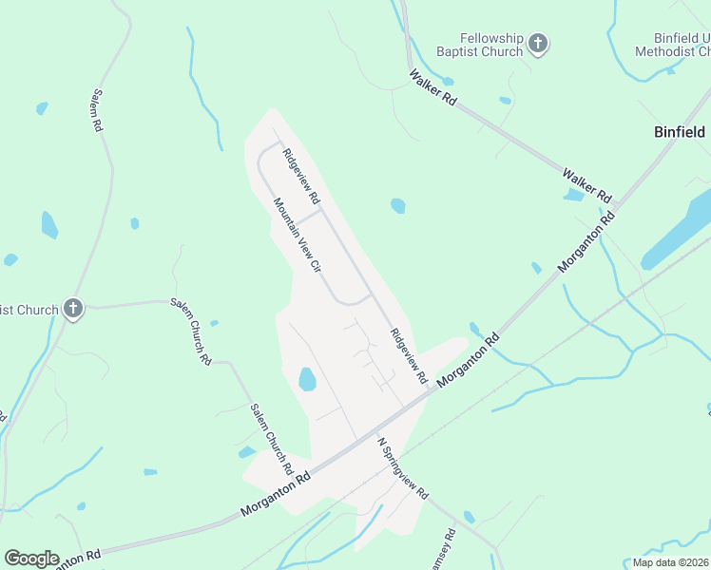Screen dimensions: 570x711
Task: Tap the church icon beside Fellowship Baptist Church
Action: click(539, 44)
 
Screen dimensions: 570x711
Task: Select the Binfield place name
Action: click(680, 132)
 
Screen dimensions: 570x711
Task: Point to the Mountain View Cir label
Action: click(298, 236)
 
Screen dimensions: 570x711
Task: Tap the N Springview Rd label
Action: click(403, 469)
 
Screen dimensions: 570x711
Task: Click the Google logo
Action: click(31, 559)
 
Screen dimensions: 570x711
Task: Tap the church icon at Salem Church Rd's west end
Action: click(73, 309)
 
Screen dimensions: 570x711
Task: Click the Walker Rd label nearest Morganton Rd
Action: click(586, 185)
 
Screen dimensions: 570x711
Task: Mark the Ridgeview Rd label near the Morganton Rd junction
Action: click(408, 356)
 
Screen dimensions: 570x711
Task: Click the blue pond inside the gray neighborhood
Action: click(307, 380)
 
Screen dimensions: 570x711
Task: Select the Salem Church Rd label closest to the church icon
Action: click(191, 331)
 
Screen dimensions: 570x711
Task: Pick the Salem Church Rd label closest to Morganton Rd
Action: click(270, 439)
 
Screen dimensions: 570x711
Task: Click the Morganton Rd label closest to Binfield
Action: click(586, 240)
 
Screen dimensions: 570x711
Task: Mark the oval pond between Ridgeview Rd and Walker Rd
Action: click(397, 205)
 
